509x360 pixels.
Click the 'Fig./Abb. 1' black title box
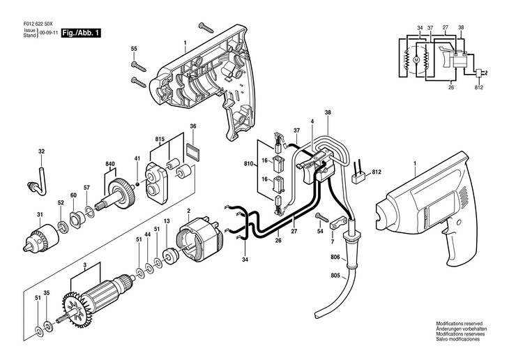(81, 33)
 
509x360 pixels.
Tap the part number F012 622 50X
(38, 24)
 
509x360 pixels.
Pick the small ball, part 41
(137, 184)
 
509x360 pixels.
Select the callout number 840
(110, 164)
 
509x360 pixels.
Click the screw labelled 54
(321, 217)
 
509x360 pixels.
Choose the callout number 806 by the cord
(335, 257)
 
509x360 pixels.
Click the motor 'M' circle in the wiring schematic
(416, 60)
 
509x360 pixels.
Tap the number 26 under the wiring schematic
(451, 87)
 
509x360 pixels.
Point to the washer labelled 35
(48, 325)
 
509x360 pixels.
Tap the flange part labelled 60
(76, 220)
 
